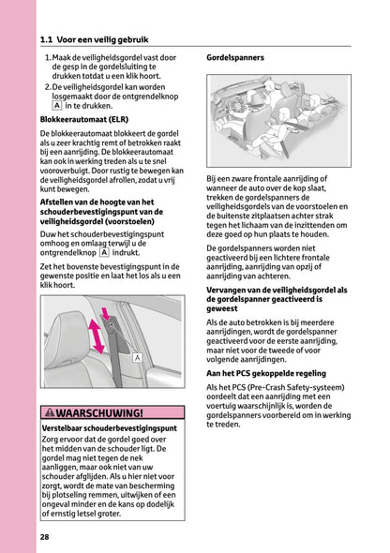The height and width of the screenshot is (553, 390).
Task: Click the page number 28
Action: point(45,536)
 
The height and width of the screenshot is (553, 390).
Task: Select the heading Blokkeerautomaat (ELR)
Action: point(85,120)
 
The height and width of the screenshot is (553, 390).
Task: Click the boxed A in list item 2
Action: point(56,106)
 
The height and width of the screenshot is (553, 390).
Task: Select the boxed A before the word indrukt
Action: point(105,253)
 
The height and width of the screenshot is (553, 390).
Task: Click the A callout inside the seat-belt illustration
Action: point(137,358)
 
